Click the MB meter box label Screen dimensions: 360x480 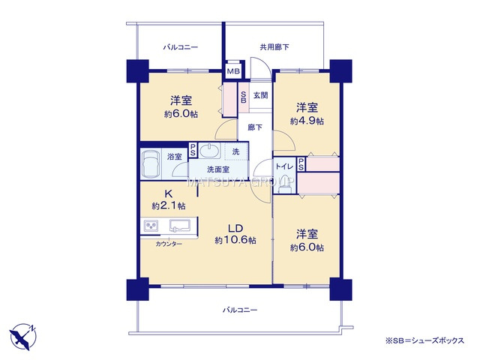tap(234, 73)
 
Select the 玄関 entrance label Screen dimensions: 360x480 tap(260, 95)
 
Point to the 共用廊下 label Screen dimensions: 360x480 tap(274, 47)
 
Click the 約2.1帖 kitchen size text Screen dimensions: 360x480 tap(169, 205)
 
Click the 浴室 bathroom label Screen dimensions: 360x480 tap(174, 158)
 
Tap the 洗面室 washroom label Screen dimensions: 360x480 tap(218, 169)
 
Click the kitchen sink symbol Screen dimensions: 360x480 tap(181, 226)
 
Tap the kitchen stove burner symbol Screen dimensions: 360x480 tap(151, 226)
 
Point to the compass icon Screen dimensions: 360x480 tap(22, 334)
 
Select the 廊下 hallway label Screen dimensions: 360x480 tap(255, 127)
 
